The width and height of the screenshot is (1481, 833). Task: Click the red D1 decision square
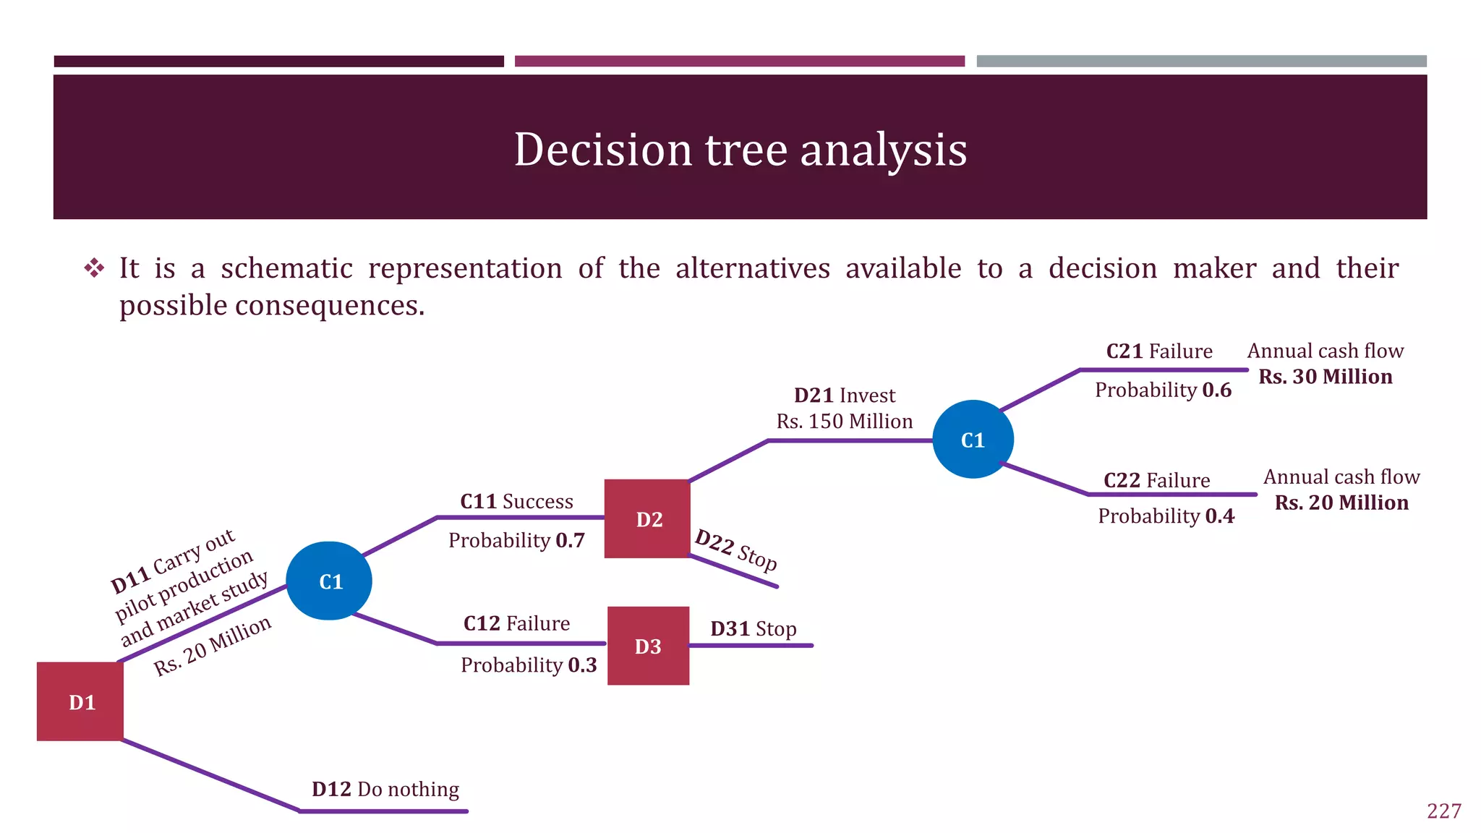point(80,701)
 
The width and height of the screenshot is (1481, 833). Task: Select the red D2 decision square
point(647,518)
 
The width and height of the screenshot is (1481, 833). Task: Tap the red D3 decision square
point(648,646)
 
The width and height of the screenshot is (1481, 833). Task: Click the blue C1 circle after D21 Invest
point(973,440)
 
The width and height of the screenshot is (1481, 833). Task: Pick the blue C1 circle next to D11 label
point(329,581)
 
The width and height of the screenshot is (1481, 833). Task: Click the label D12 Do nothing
point(385,789)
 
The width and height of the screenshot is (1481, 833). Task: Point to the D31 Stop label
point(753,628)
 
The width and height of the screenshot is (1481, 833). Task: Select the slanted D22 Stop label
point(736,550)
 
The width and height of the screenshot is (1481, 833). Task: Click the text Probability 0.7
point(516,540)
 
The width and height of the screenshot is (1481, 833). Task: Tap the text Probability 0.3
point(529,665)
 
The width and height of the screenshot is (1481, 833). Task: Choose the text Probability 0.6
point(1163,390)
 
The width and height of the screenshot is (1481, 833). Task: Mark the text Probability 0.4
point(1166,516)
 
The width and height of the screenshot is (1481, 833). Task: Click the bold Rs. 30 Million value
point(1326,376)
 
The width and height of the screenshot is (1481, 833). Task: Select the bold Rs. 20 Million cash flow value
point(1341,503)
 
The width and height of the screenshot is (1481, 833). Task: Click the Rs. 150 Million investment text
point(845,421)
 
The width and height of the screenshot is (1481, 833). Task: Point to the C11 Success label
point(516,501)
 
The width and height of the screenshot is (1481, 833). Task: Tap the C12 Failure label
point(516,623)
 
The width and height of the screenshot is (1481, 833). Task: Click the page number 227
point(1443,811)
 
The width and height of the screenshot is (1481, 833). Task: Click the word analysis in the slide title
point(883,150)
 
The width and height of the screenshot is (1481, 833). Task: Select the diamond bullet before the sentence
point(94,268)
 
